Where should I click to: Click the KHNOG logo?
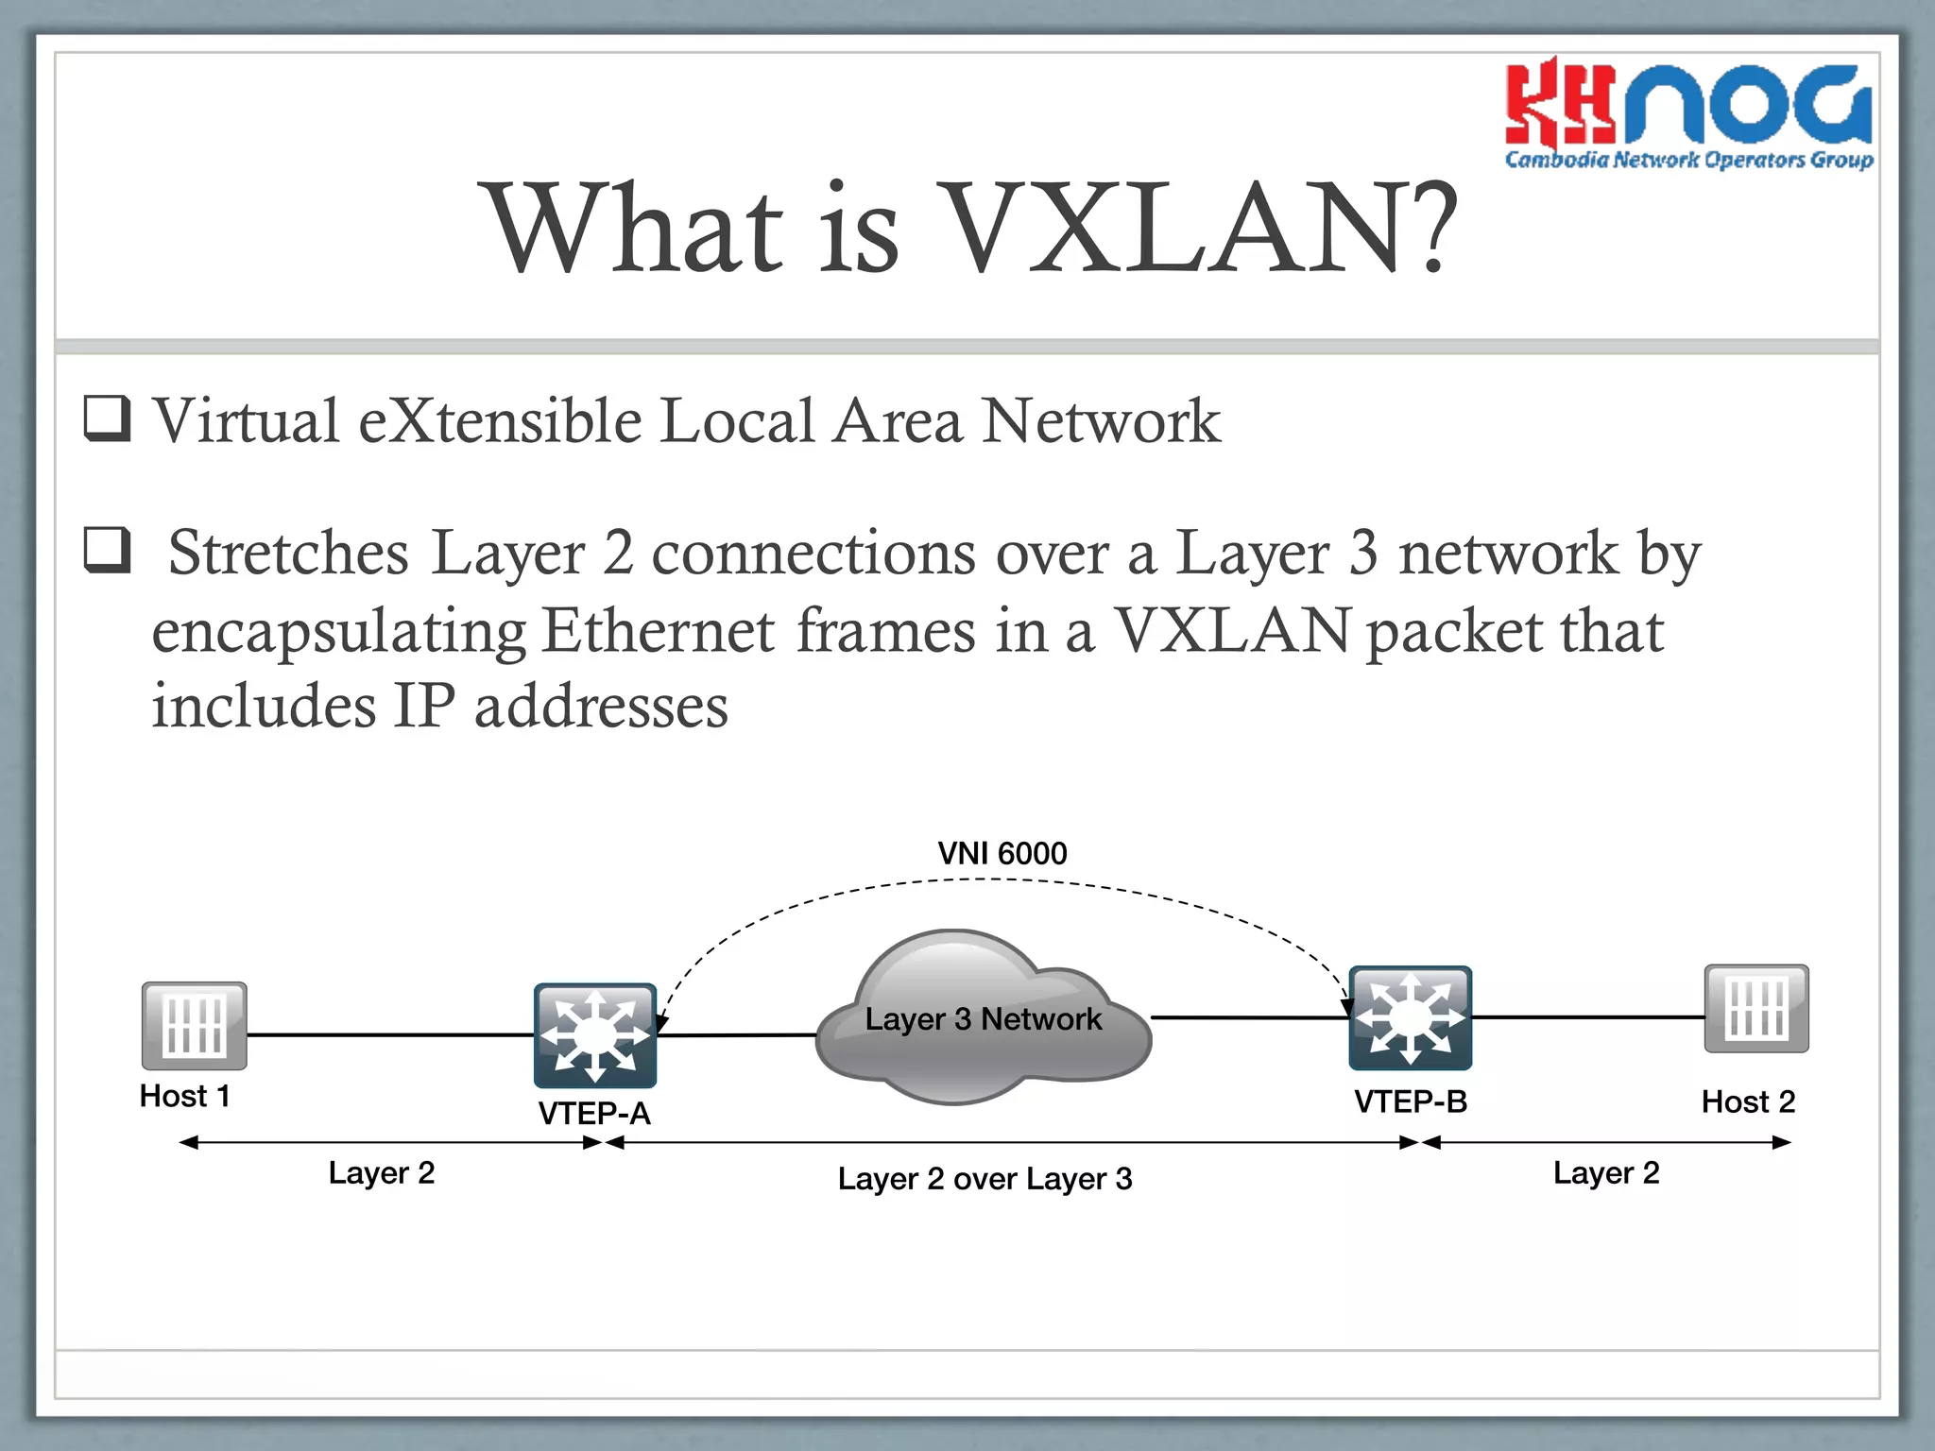point(1688,113)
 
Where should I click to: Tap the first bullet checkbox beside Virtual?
point(107,418)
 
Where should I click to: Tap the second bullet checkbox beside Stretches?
point(107,550)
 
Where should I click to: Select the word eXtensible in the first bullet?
point(500,420)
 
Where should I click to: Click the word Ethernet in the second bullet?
point(658,631)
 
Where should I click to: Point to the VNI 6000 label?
point(1002,853)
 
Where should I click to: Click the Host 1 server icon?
point(195,1026)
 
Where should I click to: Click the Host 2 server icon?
point(1755,1008)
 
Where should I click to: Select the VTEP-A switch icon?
point(594,1035)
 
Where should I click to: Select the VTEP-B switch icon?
point(1410,1017)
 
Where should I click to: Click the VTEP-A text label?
point(594,1114)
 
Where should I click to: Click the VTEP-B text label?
point(1410,1101)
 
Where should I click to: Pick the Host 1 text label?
point(184,1096)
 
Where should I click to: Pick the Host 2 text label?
point(1747,1101)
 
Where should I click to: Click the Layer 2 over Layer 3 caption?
point(985,1179)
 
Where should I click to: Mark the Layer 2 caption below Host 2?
point(1606,1173)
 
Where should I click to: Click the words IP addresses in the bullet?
point(560,707)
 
